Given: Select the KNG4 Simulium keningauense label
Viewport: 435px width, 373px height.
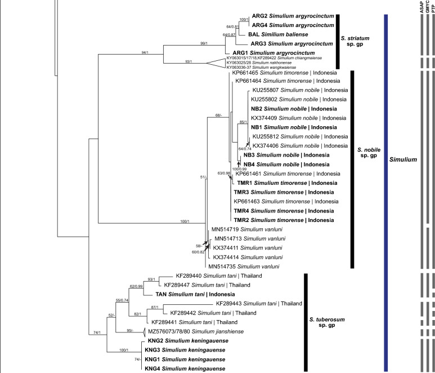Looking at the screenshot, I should click(x=185, y=368).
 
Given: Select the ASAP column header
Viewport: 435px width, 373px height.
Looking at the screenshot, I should click(x=422, y=6).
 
